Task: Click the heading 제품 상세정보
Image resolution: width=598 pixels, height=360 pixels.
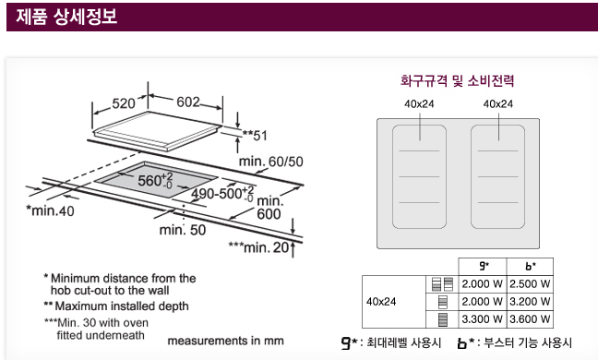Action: coord(66,17)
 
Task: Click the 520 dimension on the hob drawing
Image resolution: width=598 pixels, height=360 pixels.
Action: coord(123,103)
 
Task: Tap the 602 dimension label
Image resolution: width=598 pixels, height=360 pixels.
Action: coord(188,102)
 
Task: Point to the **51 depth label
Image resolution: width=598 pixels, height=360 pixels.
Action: coord(255,136)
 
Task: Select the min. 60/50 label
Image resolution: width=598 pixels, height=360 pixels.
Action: coord(270,162)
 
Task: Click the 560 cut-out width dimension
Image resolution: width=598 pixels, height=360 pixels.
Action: coord(155,180)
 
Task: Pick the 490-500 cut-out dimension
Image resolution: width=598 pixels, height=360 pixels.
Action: coord(222,194)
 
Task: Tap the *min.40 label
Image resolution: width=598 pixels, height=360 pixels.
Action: coord(50,210)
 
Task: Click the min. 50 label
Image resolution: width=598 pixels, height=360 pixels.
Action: coord(183,230)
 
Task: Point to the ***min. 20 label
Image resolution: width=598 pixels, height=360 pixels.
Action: coord(259,247)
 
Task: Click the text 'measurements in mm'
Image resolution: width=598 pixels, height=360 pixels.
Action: coord(225,341)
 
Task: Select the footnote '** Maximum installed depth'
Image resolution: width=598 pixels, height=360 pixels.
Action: coord(116,306)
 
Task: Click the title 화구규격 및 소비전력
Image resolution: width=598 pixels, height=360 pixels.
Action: coord(458,81)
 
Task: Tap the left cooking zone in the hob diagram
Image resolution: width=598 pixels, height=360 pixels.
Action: coord(419,176)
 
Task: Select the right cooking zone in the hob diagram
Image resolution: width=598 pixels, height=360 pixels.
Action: coord(497,176)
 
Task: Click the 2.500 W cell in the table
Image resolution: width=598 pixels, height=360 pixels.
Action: coord(530,284)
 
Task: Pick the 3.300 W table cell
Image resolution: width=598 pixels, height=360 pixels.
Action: coord(482,319)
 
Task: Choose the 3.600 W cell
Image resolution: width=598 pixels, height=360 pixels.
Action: coord(530,319)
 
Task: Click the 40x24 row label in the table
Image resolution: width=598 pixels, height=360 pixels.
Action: coord(381,302)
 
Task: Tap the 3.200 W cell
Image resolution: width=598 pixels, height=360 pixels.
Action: coord(530,302)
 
